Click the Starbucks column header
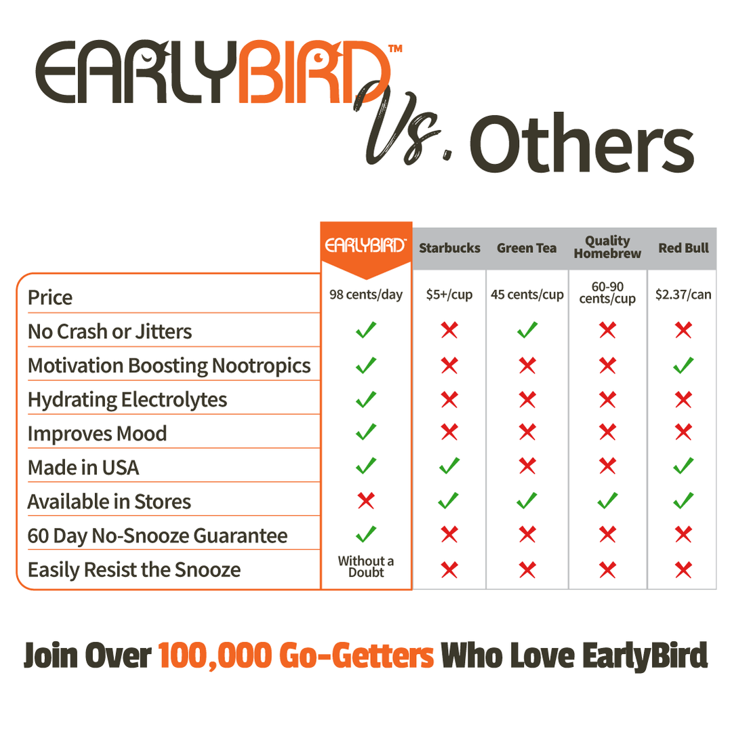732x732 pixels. [449, 248]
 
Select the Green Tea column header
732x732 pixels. [527, 248]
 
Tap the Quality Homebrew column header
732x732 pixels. [607, 247]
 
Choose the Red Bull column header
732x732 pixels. [683, 248]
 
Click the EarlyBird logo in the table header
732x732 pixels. [366, 246]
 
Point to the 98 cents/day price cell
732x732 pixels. [366, 295]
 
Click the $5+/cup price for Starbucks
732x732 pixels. [449, 295]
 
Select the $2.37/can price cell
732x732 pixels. [683, 295]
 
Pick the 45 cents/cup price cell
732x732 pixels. [527, 295]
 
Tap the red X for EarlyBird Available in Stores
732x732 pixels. [366, 501]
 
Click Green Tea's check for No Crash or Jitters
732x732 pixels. [527, 331]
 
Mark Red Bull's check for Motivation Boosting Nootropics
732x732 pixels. [683, 365]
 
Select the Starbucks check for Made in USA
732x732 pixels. [449, 466]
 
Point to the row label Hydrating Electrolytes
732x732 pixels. [127, 400]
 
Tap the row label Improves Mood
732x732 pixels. [97, 434]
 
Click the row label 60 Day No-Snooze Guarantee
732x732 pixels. [157, 536]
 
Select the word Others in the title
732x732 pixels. [582, 146]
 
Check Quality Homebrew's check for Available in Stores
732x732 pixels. [607, 501]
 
